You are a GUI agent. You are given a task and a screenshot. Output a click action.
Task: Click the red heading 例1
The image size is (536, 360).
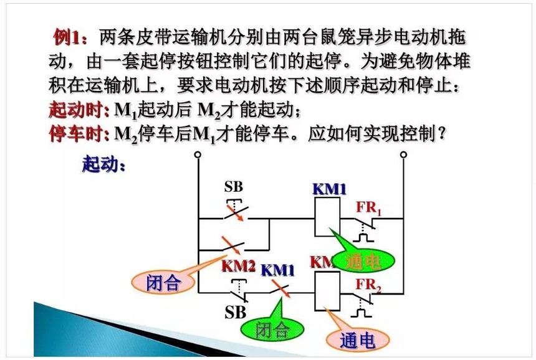tap(70, 37)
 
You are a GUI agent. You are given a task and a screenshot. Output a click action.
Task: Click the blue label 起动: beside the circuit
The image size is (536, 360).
tap(103, 164)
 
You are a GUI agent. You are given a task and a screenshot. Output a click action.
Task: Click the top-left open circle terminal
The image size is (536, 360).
tap(198, 154)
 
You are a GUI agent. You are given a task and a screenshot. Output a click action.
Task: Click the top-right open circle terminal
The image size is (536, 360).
tap(403, 154)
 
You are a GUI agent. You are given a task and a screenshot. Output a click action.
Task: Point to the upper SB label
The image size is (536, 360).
tap(234, 187)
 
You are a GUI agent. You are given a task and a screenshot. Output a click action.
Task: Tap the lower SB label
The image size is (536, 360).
tap(235, 312)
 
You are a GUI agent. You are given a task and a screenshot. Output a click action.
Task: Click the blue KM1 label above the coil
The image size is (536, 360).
tap(329, 189)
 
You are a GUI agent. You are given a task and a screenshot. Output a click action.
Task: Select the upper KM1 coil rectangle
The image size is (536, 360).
tap(327, 217)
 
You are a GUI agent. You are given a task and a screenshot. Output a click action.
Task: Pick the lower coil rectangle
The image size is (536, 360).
tap(327, 291)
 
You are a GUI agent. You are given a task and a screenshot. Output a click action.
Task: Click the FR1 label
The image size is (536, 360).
tap(368, 207)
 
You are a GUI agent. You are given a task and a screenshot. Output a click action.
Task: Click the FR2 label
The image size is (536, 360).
tap(368, 285)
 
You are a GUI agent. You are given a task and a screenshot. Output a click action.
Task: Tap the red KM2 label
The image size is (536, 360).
tap(238, 266)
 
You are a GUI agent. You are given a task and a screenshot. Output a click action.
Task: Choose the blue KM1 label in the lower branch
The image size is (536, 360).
tap(277, 270)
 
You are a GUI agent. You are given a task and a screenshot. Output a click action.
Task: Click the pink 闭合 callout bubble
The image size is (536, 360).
tap(163, 282)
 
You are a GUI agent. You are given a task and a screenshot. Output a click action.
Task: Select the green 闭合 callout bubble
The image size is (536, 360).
tap(272, 329)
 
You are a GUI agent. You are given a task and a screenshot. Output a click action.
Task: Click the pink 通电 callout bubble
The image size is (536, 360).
tap(358, 340)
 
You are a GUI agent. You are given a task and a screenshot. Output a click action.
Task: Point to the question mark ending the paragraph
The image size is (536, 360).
tap(442, 133)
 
